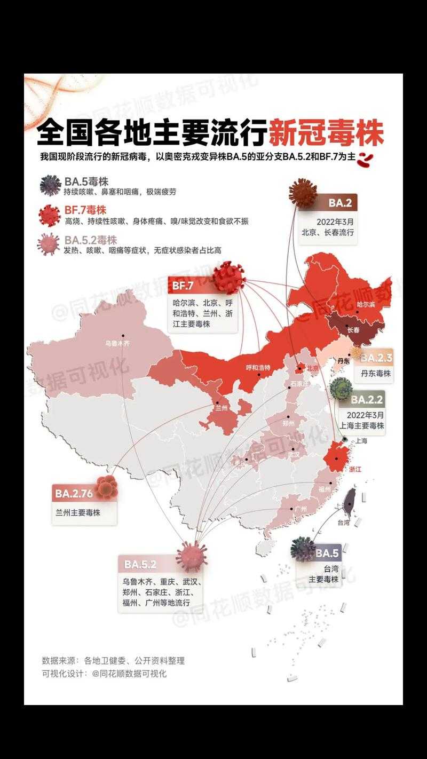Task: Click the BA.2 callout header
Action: point(339,203)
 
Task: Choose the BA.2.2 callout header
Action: point(367,399)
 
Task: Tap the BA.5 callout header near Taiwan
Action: point(327,554)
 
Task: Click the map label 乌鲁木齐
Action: point(117,344)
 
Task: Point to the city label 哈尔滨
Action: point(366,304)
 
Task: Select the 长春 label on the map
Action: point(353,330)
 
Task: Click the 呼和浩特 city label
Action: point(258,368)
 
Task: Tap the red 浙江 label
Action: point(355,469)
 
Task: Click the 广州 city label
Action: point(300,509)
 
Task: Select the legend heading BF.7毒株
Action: point(85,210)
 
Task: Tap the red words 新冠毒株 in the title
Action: point(326,133)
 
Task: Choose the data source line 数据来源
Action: point(113,660)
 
